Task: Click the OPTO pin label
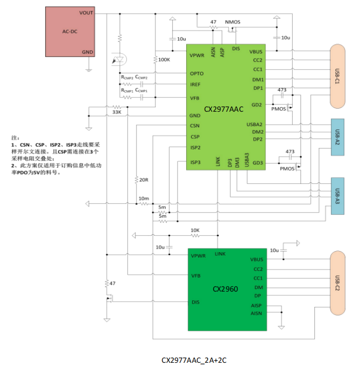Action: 196,74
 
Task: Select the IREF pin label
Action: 195,85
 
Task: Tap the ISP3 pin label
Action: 195,162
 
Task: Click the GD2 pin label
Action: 257,105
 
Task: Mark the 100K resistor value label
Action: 164,60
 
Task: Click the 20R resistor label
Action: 144,180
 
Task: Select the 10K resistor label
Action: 195,231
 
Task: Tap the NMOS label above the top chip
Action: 232,22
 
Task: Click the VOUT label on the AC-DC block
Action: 86,12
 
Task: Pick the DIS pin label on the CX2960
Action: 195,302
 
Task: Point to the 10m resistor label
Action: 143,198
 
